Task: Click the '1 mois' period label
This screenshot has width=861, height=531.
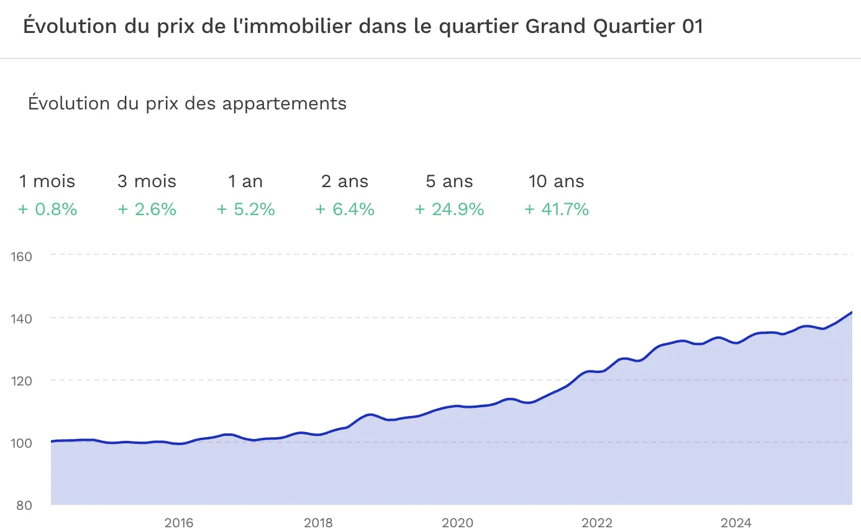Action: (x=47, y=182)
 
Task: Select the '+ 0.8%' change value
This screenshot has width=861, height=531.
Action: (x=47, y=210)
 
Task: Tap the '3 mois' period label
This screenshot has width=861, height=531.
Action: (x=147, y=182)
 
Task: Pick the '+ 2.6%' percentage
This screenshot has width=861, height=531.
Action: (x=147, y=210)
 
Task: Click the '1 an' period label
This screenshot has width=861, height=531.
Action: (x=245, y=182)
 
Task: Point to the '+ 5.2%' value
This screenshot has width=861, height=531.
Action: (x=245, y=210)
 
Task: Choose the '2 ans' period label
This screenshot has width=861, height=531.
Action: (x=345, y=182)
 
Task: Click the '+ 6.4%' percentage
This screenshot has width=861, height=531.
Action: (x=345, y=210)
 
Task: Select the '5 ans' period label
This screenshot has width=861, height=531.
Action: (x=449, y=182)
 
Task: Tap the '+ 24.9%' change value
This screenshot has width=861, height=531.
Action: (x=449, y=210)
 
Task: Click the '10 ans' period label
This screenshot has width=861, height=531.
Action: (x=556, y=182)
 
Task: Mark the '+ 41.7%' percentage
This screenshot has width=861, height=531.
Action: (x=556, y=210)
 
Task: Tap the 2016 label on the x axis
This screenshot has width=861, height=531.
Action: (x=179, y=523)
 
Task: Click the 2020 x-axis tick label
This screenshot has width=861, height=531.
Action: (x=457, y=523)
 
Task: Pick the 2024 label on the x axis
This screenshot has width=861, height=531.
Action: (x=736, y=523)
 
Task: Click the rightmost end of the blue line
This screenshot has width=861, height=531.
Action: (x=851, y=312)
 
